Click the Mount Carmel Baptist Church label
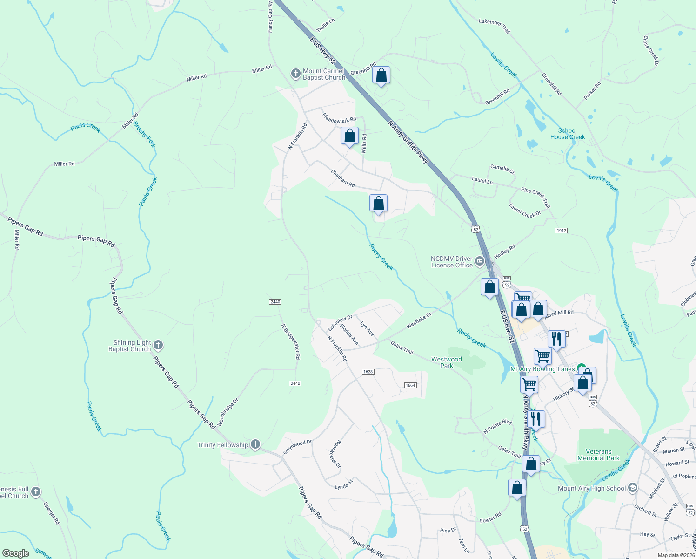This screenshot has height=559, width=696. point(324,75)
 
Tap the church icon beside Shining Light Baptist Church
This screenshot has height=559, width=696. point(158,345)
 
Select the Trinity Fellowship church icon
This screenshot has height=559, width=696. point(255,444)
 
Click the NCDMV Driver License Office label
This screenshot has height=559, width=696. point(452,262)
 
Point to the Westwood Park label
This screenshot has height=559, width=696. point(447,362)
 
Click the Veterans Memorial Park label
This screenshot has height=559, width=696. point(598,455)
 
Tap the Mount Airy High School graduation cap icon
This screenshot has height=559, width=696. point(632,488)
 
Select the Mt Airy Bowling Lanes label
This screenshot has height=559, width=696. point(542,369)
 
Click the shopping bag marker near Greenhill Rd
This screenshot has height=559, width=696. point(381,75)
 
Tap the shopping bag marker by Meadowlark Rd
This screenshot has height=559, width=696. point(349,136)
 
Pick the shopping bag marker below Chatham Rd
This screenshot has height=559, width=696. point(378,204)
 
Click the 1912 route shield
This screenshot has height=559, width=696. point(561,231)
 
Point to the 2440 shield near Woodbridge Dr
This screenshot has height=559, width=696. point(295,383)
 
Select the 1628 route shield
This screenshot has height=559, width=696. point(368,372)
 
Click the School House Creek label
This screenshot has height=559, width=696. point(568,134)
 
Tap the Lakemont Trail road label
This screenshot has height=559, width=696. point(495,25)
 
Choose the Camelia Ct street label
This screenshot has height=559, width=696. point(502,169)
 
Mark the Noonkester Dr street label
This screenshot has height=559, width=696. point(335,454)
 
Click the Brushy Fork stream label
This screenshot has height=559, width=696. point(144,134)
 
